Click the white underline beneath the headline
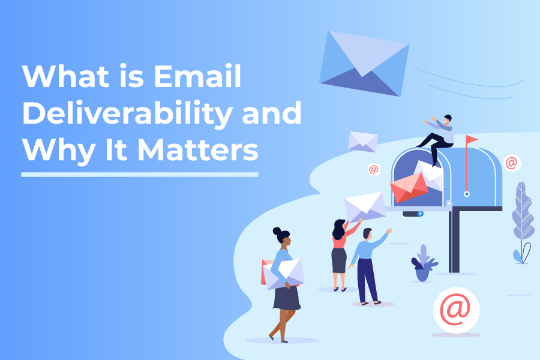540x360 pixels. (x=139, y=175)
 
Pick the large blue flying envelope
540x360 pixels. (x=364, y=62)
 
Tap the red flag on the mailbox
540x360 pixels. (x=472, y=140)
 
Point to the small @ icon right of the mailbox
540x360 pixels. (x=511, y=162)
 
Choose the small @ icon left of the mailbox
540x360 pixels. (x=374, y=170)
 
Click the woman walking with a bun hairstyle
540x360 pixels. (x=283, y=282)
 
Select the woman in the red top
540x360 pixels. (x=340, y=252)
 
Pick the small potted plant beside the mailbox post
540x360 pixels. (x=424, y=264)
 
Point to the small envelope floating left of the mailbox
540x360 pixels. (x=363, y=141)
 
